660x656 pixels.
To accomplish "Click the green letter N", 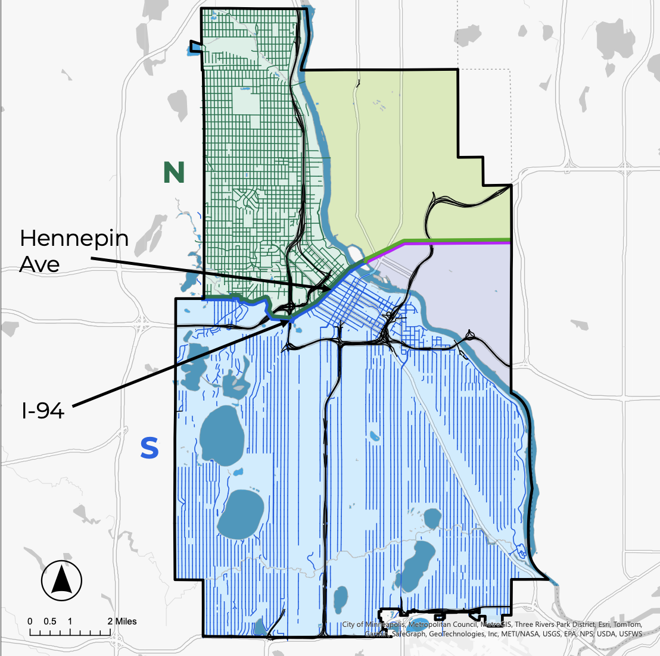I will pos(174,173).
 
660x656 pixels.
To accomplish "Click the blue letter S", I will pos(150,448).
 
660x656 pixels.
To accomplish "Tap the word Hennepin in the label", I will pos(74,239).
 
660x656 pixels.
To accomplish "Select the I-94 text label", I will pos(42,410).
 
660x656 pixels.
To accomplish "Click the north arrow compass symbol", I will pos(62,580).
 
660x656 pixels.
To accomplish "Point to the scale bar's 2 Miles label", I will pos(122,621).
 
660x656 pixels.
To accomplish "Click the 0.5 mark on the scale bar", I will pos(50,621).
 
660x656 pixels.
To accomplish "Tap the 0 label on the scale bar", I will pos(30,621).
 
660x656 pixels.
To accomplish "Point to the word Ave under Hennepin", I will pos(39,264).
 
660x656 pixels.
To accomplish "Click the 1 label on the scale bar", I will pos(70,621).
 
